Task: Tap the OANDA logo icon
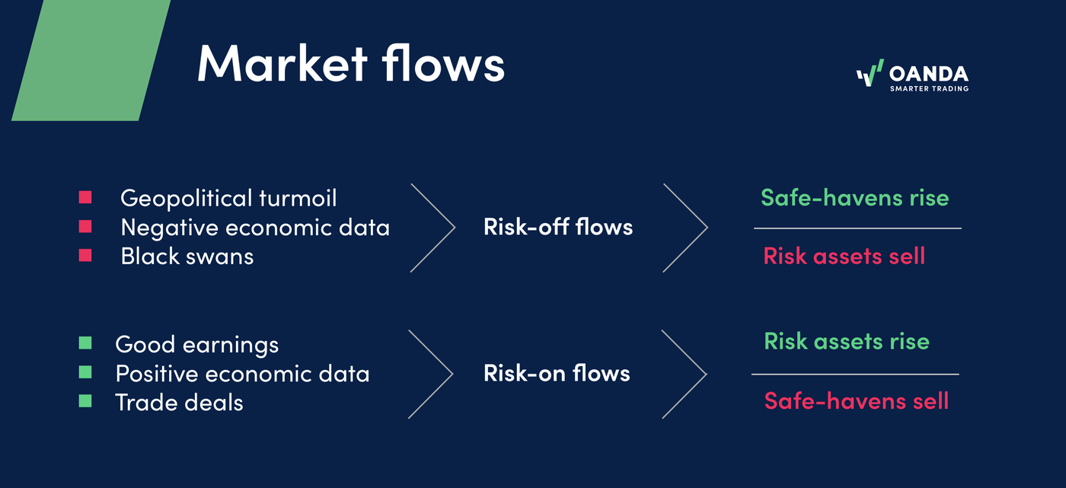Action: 870,75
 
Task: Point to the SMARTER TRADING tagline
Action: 929,89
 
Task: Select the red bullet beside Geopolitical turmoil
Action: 85,198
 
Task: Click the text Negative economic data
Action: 255,227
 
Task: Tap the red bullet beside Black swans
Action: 85,256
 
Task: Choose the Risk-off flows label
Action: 558,227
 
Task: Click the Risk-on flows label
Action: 557,373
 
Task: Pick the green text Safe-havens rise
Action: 854,198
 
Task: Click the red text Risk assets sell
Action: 844,256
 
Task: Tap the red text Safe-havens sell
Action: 857,400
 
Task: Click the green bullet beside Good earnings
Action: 85,344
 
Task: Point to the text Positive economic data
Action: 242,374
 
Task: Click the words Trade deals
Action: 179,402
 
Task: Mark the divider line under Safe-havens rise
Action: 857,228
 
